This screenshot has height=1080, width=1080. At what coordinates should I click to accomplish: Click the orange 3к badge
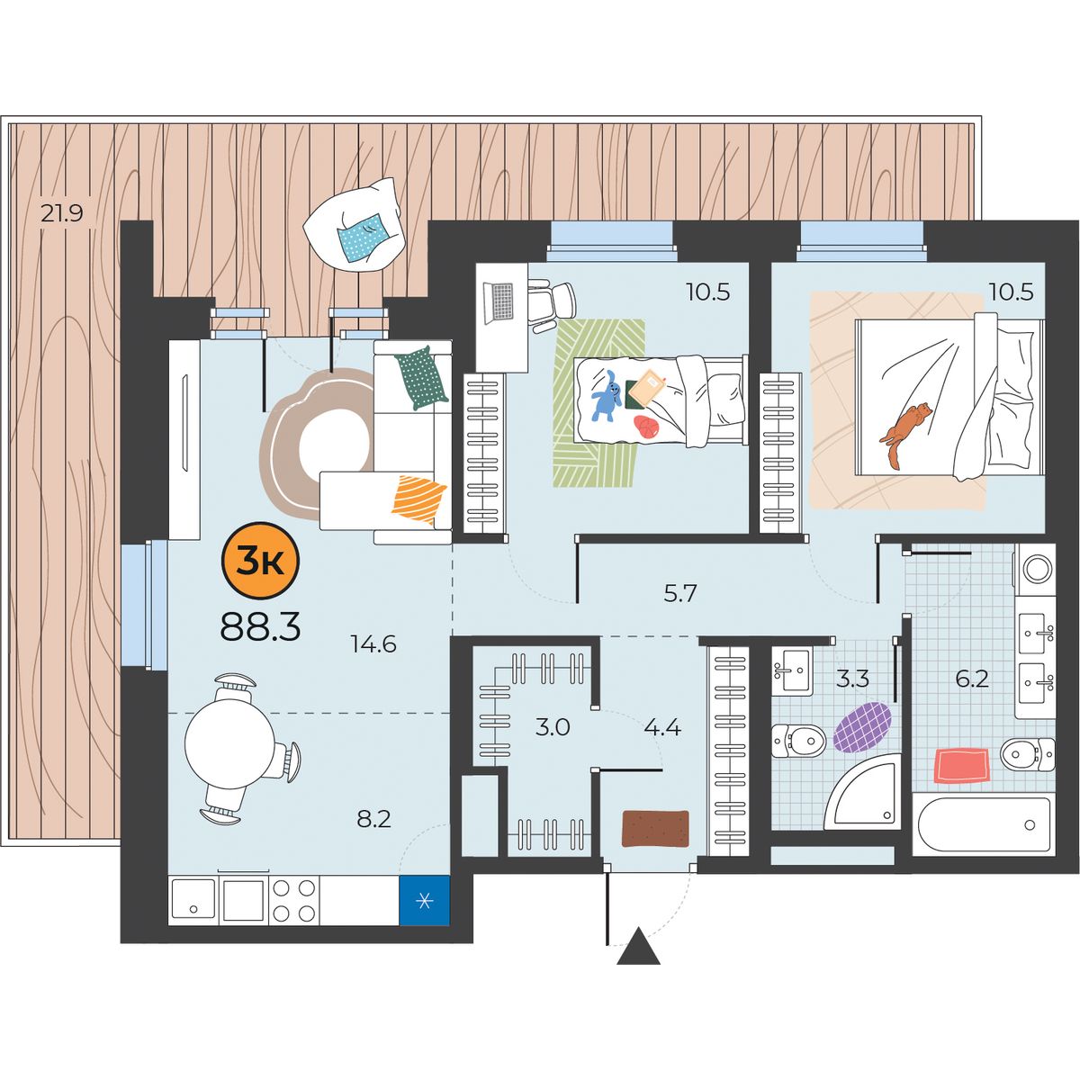click(x=261, y=562)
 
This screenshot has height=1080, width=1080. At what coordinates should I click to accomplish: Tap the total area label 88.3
click(x=261, y=625)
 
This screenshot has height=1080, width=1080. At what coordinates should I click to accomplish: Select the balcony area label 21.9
click(x=62, y=213)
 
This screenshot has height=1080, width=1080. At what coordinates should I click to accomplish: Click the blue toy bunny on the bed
click(x=606, y=396)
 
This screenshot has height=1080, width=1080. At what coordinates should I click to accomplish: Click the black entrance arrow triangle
click(x=638, y=946)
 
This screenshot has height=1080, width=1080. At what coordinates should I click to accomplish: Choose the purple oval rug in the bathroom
click(x=862, y=727)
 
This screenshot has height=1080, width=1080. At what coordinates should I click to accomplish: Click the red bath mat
click(x=961, y=766)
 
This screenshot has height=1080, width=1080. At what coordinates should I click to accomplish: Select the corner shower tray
click(x=863, y=793)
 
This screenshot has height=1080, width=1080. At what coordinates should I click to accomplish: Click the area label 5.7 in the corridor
click(x=679, y=593)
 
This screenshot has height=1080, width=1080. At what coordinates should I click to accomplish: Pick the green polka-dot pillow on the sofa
click(x=421, y=378)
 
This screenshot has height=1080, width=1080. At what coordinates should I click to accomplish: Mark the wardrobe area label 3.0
click(x=552, y=727)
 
